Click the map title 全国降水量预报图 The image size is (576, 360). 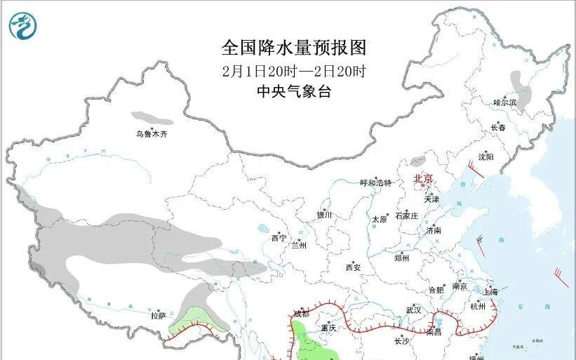click(294, 48)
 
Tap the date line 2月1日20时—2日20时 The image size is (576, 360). click(294, 71)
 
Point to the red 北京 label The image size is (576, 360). click(424, 178)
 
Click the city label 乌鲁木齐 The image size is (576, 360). click(153, 133)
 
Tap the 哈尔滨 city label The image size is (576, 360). click(504, 103)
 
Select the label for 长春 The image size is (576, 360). click(498, 128)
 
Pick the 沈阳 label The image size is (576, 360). click(485, 156)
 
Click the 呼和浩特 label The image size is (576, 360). click(375, 183)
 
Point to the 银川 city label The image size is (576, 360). click(323, 215)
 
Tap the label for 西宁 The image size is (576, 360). click(279, 239)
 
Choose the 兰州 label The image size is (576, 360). click(300, 245)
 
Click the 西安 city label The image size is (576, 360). click(353, 267)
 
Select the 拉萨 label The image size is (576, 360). click(158, 316)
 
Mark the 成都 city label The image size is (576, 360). click(301, 314)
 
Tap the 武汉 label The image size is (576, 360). click(413, 309)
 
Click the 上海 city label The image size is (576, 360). click(491, 292)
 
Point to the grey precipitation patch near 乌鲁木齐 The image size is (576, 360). click(152, 117)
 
